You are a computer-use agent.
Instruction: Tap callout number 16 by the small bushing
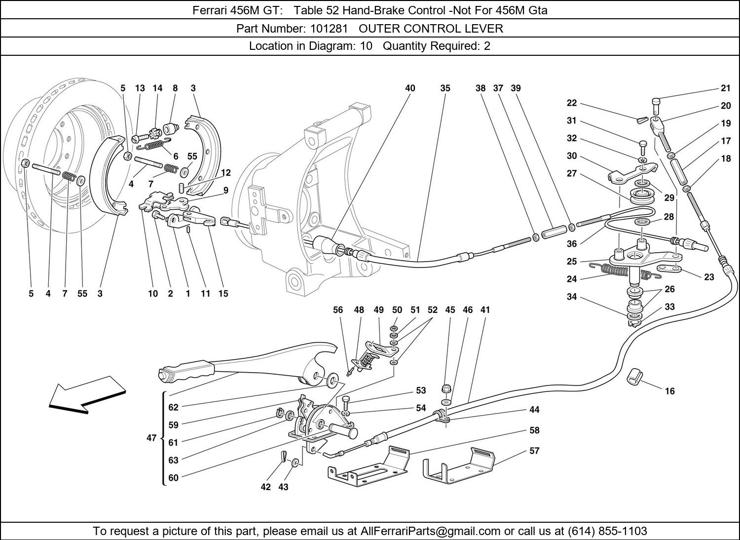click(669, 391)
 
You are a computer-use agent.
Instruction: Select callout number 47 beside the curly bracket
click(151, 437)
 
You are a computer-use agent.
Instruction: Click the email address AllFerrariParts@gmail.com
click(431, 531)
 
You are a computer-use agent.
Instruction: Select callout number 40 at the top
click(410, 88)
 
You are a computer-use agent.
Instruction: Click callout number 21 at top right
click(725, 88)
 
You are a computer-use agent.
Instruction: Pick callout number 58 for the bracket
click(534, 430)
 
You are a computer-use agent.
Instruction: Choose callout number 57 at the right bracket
click(534, 451)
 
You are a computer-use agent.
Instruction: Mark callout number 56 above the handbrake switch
click(337, 310)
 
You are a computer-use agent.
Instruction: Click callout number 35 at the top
click(445, 88)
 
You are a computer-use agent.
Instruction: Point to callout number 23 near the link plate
click(709, 277)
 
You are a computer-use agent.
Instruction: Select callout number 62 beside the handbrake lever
click(173, 408)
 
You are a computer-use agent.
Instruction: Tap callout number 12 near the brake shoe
click(226, 173)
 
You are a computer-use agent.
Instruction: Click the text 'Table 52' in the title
click(312, 10)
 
